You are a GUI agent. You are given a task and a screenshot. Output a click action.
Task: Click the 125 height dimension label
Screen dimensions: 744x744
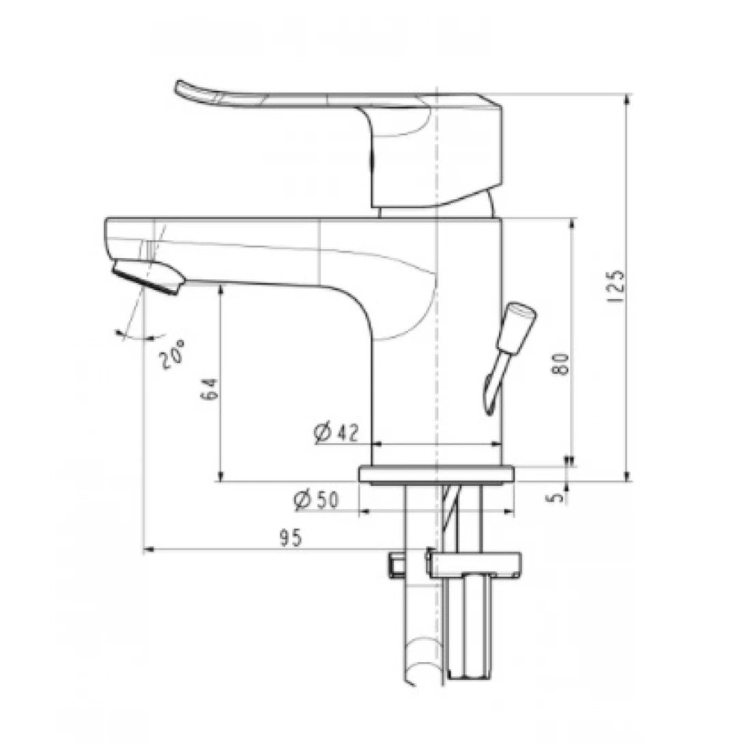pyautogui.click(x=616, y=286)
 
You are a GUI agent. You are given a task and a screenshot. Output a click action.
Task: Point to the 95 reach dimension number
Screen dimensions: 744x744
pyautogui.click(x=290, y=538)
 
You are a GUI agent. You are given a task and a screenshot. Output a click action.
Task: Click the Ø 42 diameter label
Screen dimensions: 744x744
pyautogui.click(x=337, y=433)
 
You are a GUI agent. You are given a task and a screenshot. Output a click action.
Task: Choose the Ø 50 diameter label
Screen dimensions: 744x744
pyautogui.click(x=316, y=500)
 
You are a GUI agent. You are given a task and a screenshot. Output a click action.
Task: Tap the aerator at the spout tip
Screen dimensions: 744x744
pyautogui.click(x=149, y=277)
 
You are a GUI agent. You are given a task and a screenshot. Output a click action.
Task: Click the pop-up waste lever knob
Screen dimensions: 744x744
pyautogui.click(x=518, y=320)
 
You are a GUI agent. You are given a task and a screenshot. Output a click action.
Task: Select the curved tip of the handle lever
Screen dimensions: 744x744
pyautogui.click(x=188, y=91)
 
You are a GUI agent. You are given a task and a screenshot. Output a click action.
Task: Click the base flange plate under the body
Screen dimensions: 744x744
pyautogui.click(x=437, y=474)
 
